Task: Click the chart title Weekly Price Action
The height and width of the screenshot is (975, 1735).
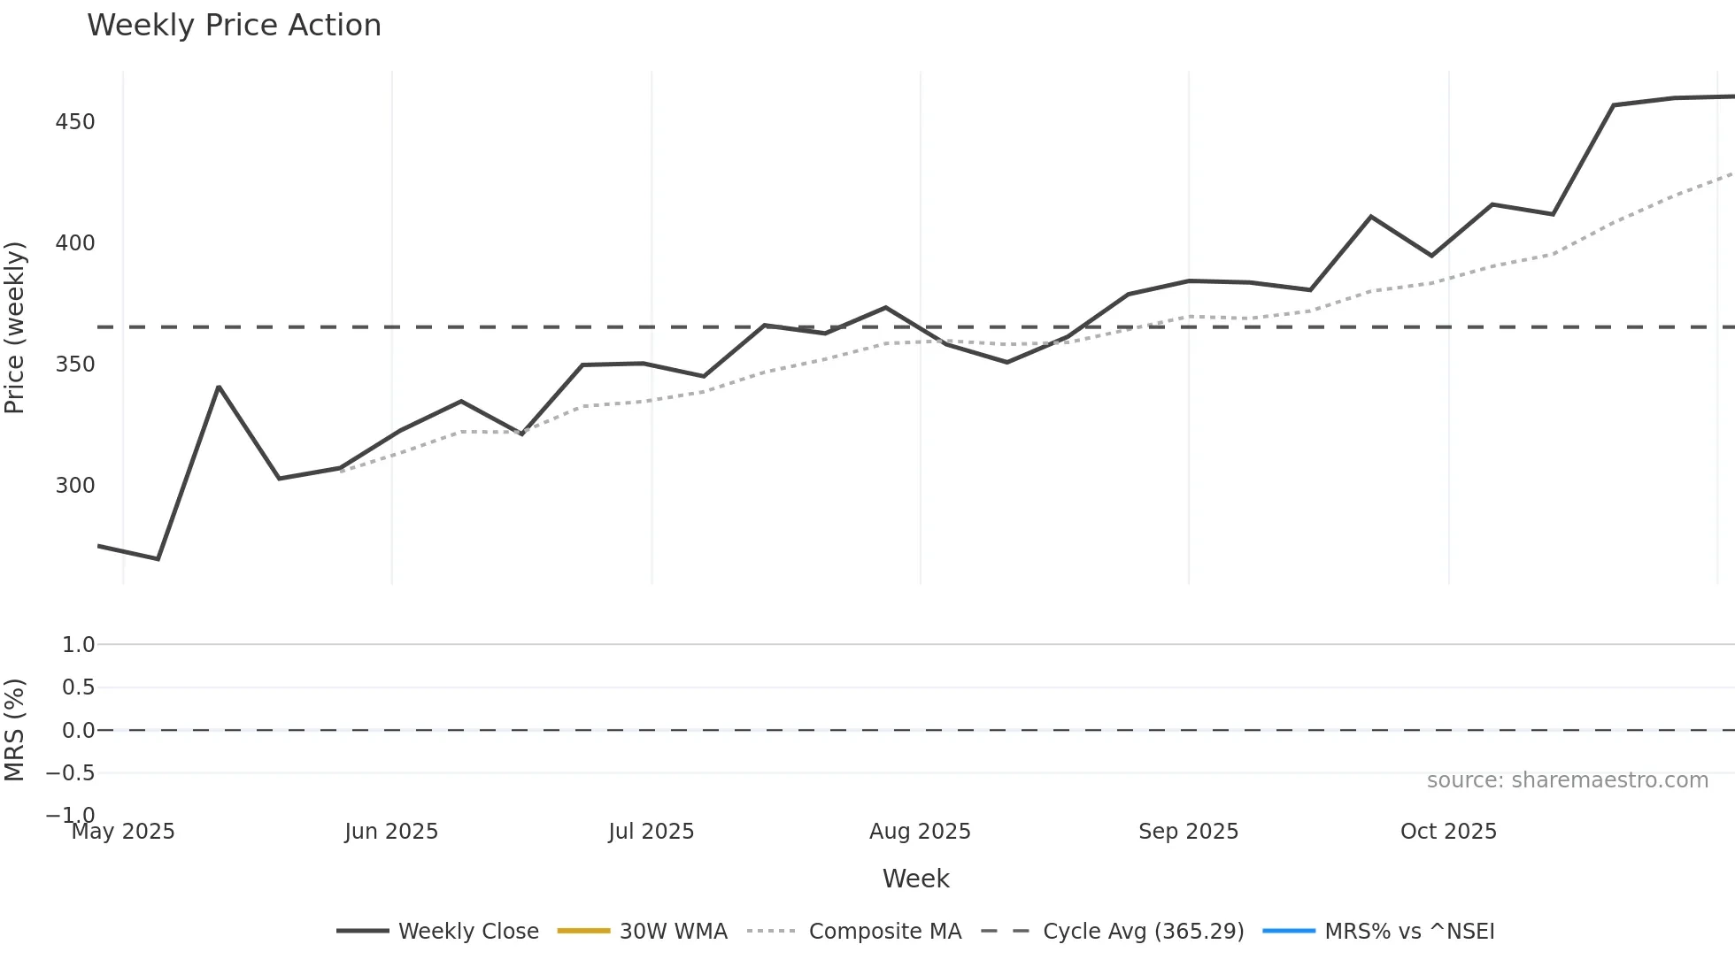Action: tap(234, 26)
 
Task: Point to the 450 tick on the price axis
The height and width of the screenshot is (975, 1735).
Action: tap(75, 122)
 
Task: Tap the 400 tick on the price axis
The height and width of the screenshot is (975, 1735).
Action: tap(75, 243)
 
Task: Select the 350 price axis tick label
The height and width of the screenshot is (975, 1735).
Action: tap(75, 365)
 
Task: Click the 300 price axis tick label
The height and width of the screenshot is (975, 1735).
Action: tap(75, 486)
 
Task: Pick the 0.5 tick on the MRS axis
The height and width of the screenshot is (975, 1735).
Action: tap(78, 687)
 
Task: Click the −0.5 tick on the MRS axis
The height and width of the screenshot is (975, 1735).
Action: tap(71, 773)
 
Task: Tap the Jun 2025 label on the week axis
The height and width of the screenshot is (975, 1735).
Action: tap(391, 832)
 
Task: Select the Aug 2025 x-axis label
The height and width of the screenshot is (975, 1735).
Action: tap(920, 832)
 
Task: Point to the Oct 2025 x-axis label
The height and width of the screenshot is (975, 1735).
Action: tap(1448, 832)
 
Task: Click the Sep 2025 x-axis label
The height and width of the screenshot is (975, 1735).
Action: tap(1188, 832)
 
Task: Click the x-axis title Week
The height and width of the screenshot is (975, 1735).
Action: tap(915, 879)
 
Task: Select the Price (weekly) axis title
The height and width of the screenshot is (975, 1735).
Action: tap(15, 327)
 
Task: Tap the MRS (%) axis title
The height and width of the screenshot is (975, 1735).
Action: tap(15, 730)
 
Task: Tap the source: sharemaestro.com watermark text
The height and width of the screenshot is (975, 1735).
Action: tap(1567, 780)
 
